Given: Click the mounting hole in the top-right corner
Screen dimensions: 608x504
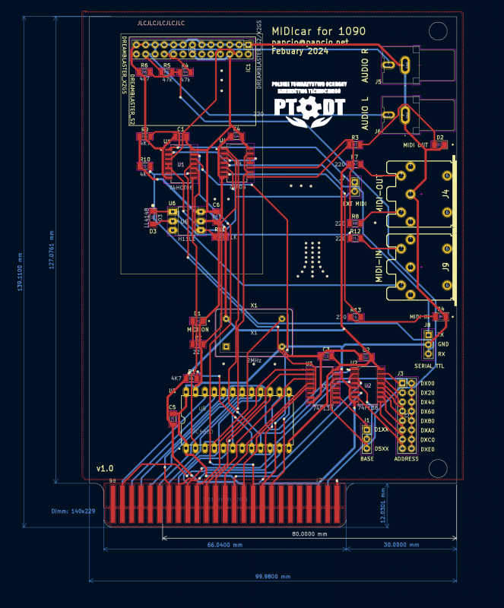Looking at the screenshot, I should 438,30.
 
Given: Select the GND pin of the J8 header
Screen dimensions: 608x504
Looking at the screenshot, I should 429,344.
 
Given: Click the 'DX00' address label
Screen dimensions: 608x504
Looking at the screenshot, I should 427,384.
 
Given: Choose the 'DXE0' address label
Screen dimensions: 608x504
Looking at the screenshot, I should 427,450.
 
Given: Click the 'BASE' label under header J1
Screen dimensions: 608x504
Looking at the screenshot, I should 367,459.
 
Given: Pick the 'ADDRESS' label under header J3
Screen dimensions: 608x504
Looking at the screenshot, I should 406,459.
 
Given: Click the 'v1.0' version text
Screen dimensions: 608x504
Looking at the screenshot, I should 104,468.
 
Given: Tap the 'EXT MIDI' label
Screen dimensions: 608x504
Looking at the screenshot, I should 355,204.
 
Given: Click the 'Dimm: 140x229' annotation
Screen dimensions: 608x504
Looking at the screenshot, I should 73,511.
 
